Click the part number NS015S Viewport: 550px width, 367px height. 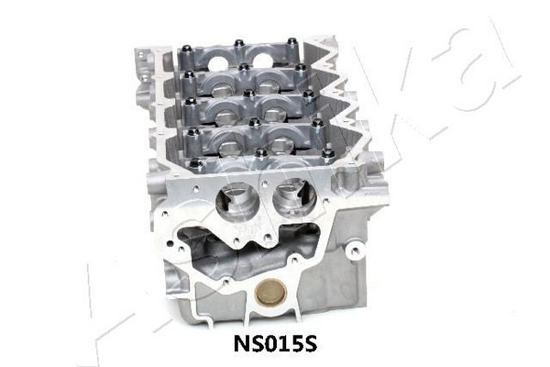[276, 344]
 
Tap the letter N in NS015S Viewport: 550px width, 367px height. [241, 344]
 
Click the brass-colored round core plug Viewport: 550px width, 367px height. [270, 293]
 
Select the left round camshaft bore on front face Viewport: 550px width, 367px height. [233, 202]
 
